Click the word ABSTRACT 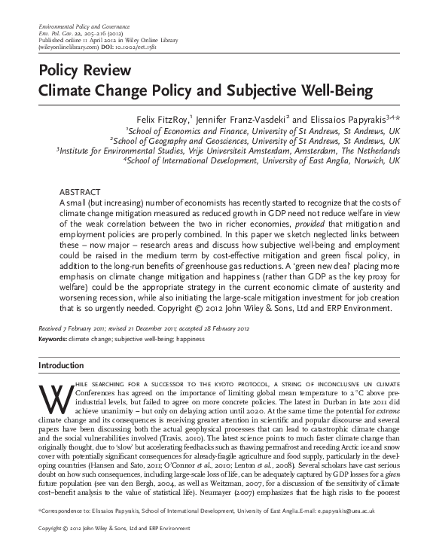pyautogui.click(x=78, y=193)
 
